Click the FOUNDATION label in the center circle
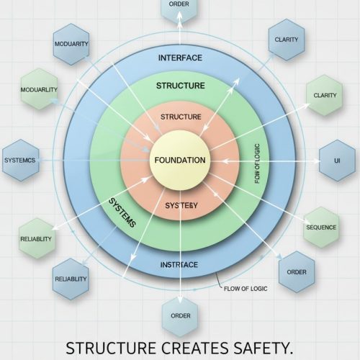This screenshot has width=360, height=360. coord(180,160)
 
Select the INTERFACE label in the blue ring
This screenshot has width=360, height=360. coord(180,58)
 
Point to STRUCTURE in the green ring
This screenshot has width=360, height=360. coord(181,86)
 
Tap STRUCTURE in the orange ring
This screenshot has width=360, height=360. coord(181,117)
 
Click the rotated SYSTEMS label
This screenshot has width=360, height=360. coord(122,212)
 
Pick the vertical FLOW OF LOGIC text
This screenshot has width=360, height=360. coord(257,163)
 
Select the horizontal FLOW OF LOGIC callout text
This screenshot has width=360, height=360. coord(246,289)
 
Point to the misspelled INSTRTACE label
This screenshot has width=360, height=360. coord(179,265)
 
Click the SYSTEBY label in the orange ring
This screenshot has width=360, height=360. coord(181,205)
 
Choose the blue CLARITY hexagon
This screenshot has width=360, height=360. coord(287,40)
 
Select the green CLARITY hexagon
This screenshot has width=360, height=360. coord(325,95)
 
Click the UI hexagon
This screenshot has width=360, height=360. coord(337,161)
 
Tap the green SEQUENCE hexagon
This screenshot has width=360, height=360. coord(321,228)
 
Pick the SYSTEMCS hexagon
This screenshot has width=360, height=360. coord(20,160)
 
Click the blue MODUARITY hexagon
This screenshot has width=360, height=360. coord(71,44)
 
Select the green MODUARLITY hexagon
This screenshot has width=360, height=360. coord(39,89)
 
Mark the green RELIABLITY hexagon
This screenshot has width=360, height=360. coord(37,238)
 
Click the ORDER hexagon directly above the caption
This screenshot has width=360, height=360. coord(180,317)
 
